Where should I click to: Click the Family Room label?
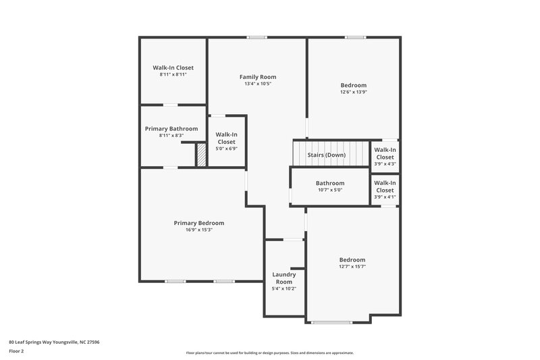click(258, 77)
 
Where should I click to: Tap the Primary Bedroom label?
click(199, 223)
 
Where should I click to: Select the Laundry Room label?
click(284, 278)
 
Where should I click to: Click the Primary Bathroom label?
click(171, 128)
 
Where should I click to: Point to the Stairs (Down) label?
click(327, 155)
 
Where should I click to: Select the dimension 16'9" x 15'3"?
click(199, 230)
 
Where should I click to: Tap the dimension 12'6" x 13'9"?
click(353, 92)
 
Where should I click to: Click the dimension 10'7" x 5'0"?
click(330, 190)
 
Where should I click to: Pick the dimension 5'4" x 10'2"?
click(284, 288)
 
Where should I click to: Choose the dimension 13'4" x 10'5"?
click(258, 84)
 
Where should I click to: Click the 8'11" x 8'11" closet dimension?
click(173, 74)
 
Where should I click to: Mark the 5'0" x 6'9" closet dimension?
click(226, 149)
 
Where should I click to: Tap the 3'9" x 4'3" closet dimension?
click(385, 163)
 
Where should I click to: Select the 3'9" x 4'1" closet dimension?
click(385, 197)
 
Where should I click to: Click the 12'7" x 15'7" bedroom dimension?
click(352, 266)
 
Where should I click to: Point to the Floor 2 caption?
click(16, 351)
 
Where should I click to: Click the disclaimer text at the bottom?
click(269, 353)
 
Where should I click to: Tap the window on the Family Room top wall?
click(257, 37)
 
